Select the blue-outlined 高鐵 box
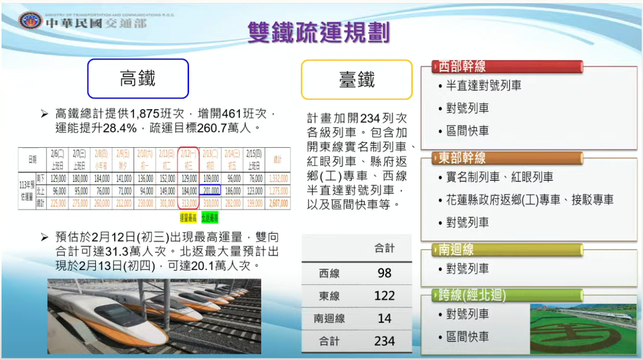pos(138,78)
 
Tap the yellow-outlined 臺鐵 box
pos(356,80)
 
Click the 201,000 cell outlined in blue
pos(210,191)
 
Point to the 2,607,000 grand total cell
pos(278,203)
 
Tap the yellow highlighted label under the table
pos(187,216)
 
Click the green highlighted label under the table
pos(210,216)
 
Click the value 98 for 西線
pos(385,273)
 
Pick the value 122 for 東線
pos(385,296)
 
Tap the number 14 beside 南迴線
pos(385,318)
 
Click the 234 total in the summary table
pos(385,341)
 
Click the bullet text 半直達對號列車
pos(484,85)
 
